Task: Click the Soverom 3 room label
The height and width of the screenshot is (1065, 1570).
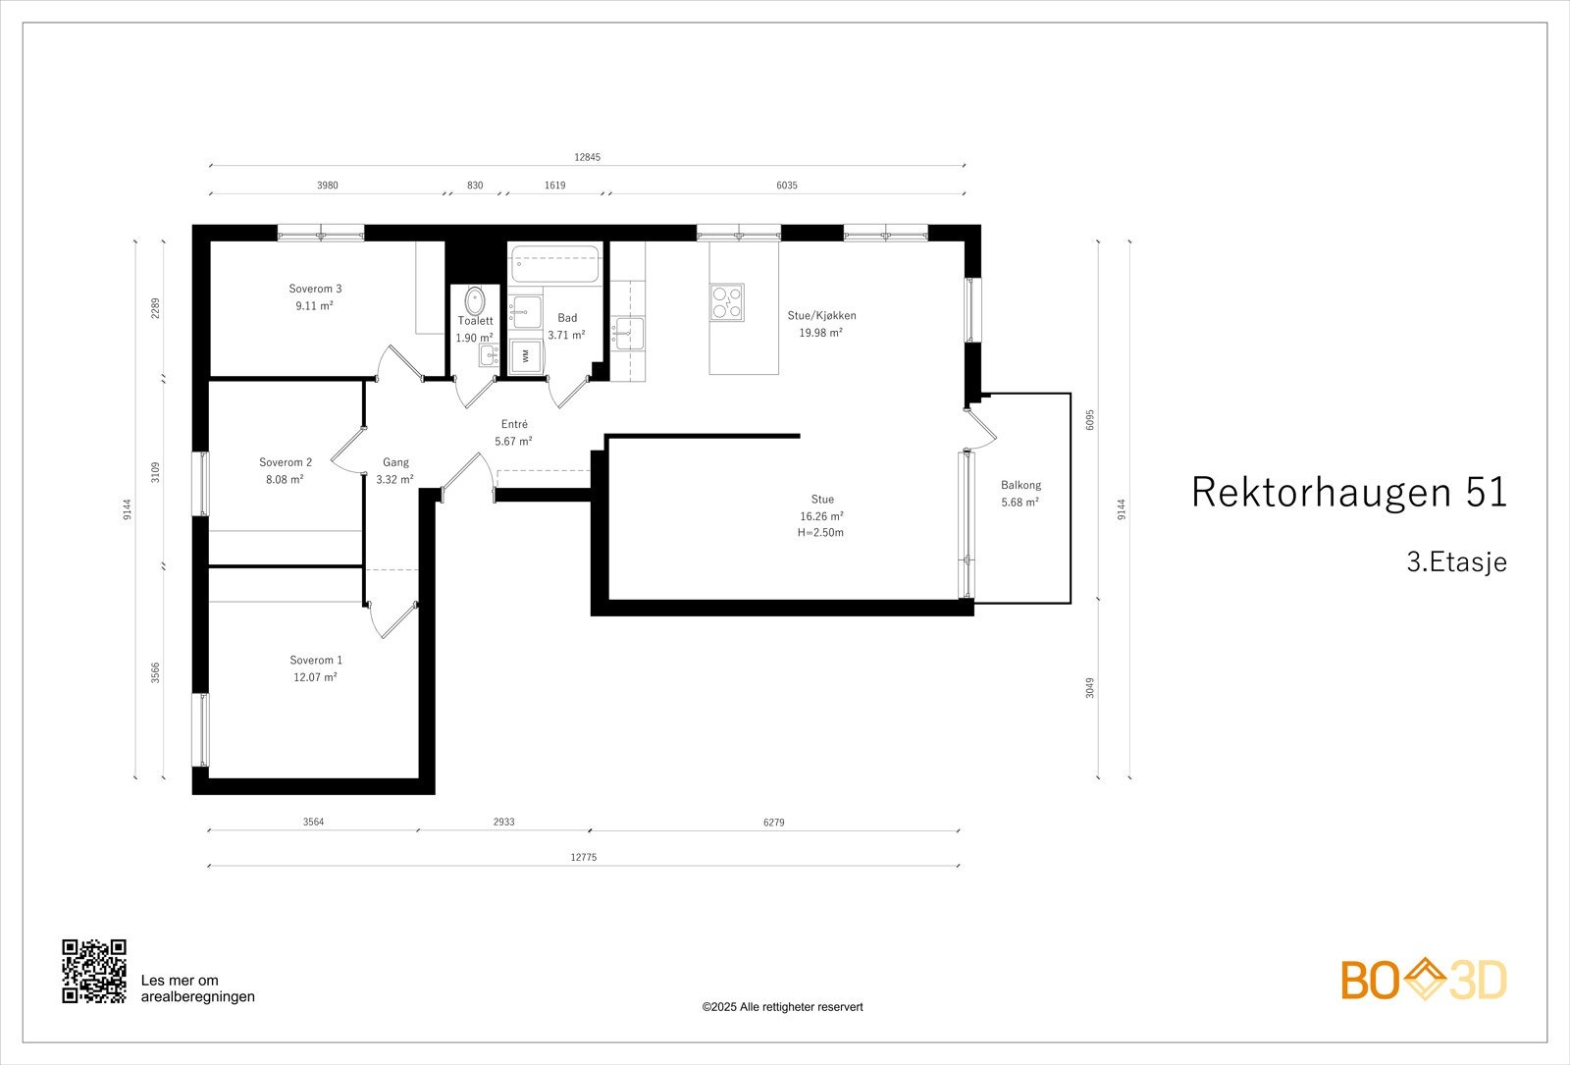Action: click(x=315, y=289)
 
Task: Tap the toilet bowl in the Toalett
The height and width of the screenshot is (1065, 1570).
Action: click(x=475, y=300)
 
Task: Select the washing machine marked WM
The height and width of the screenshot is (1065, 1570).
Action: click(x=526, y=355)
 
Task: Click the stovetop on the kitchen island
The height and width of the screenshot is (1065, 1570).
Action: click(x=727, y=302)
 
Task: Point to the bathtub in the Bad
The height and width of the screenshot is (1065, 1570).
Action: click(x=555, y=264)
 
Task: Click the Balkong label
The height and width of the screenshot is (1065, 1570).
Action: click(x=1020, y=485)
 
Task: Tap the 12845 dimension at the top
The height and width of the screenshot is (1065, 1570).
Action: click(x=588, y=157)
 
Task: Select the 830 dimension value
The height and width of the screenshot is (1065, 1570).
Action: click(x=475, y=186)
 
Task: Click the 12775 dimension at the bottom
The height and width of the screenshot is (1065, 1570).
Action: click(x=584, y=857)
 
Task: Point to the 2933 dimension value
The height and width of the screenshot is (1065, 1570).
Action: click(x=504, y=822)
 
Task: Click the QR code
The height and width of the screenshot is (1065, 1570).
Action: click(x=94, y=971)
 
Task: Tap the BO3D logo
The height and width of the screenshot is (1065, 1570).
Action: click(x=1424, y=980)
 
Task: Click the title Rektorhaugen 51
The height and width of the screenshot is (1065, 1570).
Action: click(x=1349, y=492)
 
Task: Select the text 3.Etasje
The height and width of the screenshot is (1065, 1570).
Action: click(x=1456, y=561)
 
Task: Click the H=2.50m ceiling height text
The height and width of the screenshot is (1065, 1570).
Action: click(x=820, y=532)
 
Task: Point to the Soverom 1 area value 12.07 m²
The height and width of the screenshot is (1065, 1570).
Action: click(x=315, y=677)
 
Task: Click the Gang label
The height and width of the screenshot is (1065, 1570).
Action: click(x=396, y=462)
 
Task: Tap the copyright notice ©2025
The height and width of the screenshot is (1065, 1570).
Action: click(x=783, y=1007)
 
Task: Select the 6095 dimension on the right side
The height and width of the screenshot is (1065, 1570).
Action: click(x=1090, y=420)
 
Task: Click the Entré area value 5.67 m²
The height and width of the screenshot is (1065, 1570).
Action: click(x=514, y=441)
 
